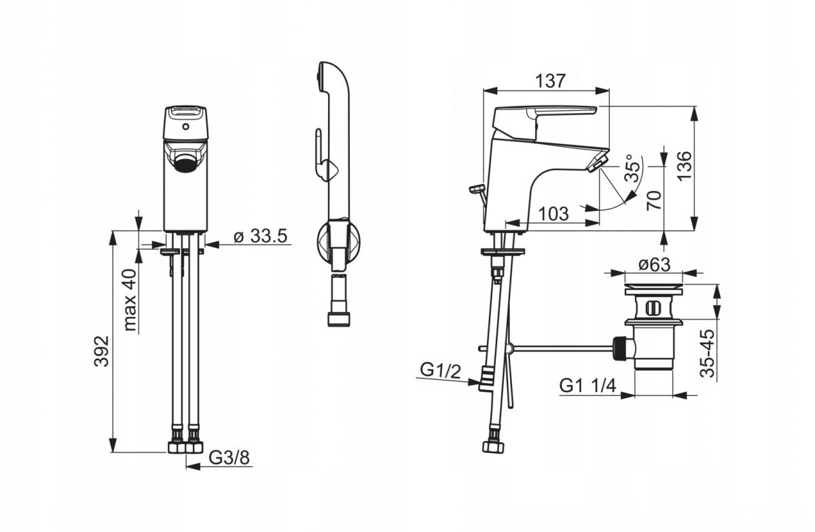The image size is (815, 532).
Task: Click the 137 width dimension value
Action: (x=551, y=81)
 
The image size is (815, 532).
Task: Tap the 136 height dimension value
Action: (x=685, y=165)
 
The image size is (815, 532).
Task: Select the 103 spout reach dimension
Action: (x=553, y=213)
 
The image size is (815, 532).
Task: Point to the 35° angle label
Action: (x=633, y=168)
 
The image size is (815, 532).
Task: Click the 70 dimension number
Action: (x=654, y=200)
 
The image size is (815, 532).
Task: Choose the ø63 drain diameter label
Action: (x=654, y=264)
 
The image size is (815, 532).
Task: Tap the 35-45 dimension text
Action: (x=708, y=353)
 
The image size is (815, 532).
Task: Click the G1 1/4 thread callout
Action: (x=587, y=386)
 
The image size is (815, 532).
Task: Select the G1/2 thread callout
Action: (x=440, y=371)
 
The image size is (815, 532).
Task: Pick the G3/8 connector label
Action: (x=230, y=458)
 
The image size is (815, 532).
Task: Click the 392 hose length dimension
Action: (x=102, y=351)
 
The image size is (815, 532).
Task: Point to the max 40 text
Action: (x=130, y=300)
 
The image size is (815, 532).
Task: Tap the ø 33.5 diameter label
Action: (x=261, y=236)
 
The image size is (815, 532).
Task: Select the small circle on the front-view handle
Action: (x=186, y=126)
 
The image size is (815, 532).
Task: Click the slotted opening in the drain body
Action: (x=653, y=308)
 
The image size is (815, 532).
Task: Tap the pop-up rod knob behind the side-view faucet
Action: (x=476, y=188)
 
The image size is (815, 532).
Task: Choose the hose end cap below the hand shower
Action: (x=339, y=319)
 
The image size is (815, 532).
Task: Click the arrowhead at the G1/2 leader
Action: (x=474, y=382)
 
